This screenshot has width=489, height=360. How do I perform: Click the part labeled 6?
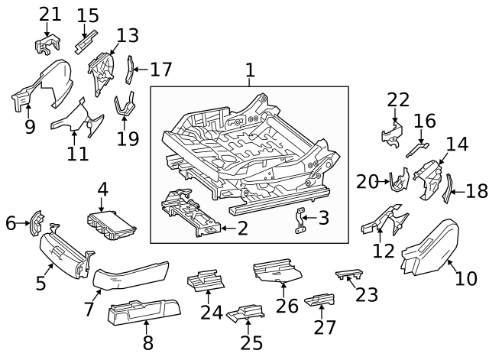click(36, 223)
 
